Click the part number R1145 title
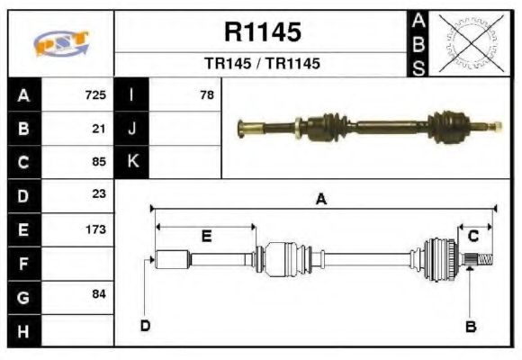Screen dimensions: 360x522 pos(262,32)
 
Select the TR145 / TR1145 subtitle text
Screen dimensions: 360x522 pos(262,64)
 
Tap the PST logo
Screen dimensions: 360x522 pos(61,44)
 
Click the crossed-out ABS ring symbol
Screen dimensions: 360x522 pos(470,43)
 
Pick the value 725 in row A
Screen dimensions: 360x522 pos(95,94)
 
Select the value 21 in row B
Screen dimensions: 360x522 pos(99,128)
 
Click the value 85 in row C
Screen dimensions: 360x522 pos(99,162)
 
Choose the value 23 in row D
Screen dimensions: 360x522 pos(99,194)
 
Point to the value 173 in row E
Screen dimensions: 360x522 pos(95,229)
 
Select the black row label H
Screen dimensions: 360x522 pos(23,331)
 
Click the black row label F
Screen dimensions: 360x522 pos(23,264)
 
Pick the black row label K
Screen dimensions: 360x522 pos(131,162)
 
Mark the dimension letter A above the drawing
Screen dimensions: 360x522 pos(320,200)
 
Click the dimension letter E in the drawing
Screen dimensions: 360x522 pos(206,237)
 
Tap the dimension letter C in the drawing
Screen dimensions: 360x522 pos(472,236)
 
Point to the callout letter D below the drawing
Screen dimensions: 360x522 pos(145,325)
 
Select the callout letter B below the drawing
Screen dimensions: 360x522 pos(470,327)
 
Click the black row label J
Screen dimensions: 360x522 pos(131,128)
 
